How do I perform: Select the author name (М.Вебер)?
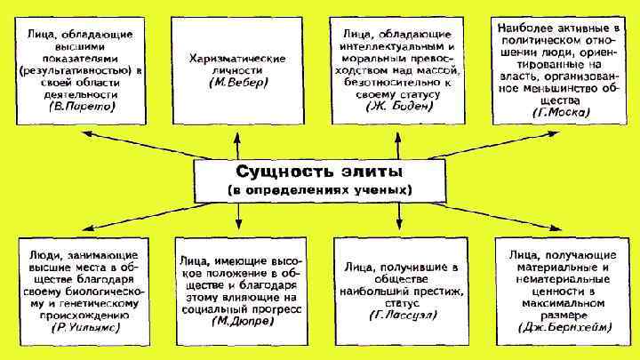[x=236, y=83]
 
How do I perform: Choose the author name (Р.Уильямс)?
[x=81, y=327]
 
